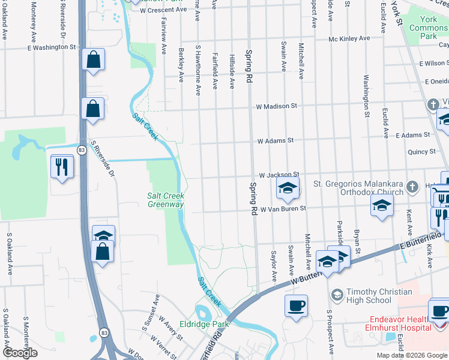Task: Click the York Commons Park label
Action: [x=429, y=28]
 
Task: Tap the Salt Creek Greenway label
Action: [x=166, y=200]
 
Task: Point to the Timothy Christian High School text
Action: [x=369, y=296]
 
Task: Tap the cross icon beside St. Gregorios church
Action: [x=412, y=187]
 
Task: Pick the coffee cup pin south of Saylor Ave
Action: [x=296, y=306]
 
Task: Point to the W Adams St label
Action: [x=275, y=141]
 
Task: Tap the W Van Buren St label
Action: [x=283, y=209]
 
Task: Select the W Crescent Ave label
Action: [x=163, y=10]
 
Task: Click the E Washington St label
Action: [x=52, y=47]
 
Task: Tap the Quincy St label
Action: [x=421, y=152]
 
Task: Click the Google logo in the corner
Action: [x=19, y=353]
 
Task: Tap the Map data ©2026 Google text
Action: [x=412, y=355]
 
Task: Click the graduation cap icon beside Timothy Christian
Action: [x=337, y=295]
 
